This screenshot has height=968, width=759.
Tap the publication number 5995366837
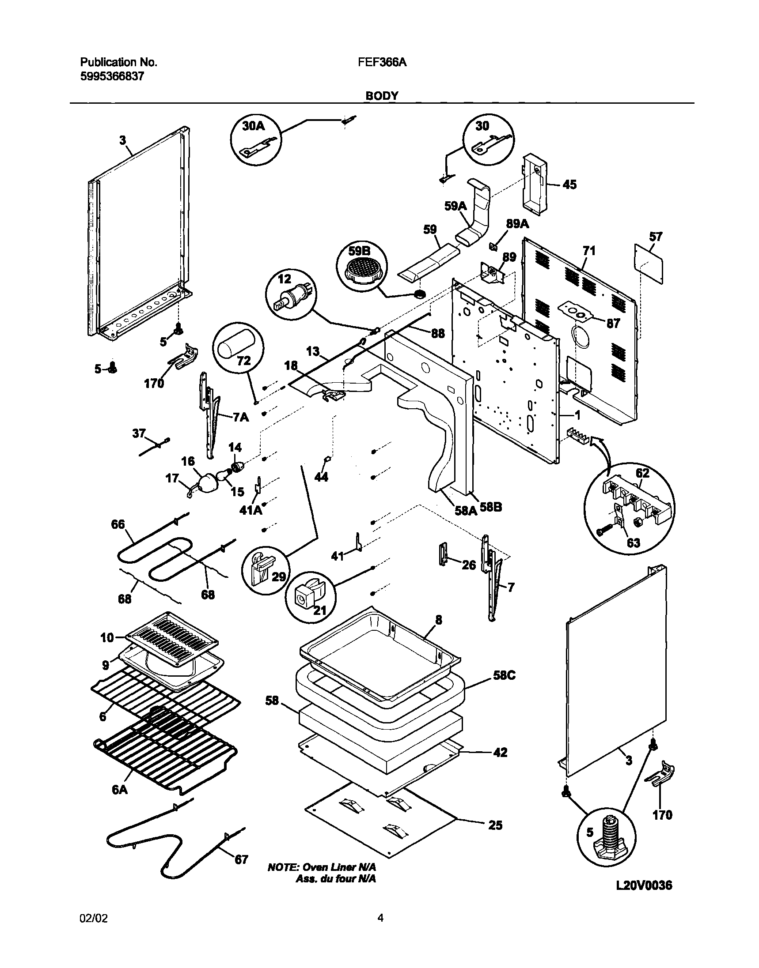112,76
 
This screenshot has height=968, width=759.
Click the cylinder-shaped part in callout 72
235,341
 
